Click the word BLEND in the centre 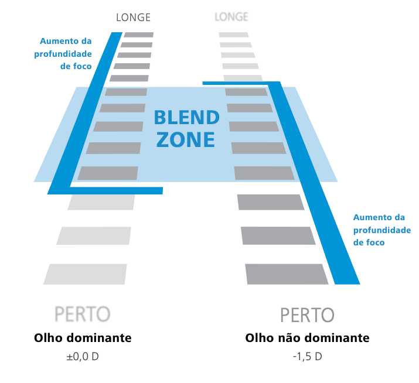(187, 118)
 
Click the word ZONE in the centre (186, 140)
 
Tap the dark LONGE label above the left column (134, 18)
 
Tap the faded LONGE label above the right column (231, 17)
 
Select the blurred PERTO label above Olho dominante (82, 314)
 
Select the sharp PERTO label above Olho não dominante (307, 316)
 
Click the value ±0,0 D (83, 357)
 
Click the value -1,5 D (308, 357)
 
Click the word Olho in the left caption (48, 338)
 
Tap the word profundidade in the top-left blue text (63, 54)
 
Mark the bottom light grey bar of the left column (85, 274)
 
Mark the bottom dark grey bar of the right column (287, 274)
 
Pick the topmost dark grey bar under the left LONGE (139, 35)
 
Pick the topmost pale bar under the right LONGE (234, 35)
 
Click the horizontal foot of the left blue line (116, 190)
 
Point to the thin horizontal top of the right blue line (235, 83)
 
